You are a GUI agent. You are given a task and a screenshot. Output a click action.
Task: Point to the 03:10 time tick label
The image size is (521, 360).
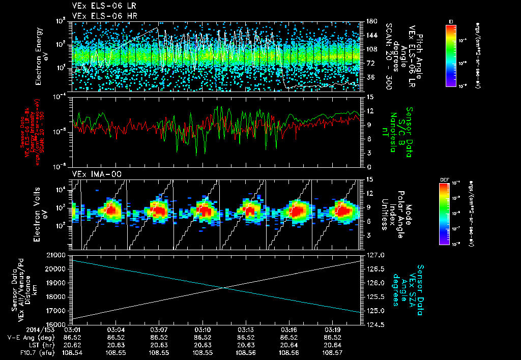pos(202,330)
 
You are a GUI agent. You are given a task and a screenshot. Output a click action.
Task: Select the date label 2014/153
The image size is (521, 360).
pos(23,330)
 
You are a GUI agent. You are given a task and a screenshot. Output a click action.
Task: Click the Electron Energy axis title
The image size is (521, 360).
pos(39,56)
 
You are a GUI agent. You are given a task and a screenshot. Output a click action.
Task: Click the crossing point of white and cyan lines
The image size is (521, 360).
pos(223,288)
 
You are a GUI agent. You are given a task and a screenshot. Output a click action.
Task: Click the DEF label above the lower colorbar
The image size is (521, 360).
pos(444,179)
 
